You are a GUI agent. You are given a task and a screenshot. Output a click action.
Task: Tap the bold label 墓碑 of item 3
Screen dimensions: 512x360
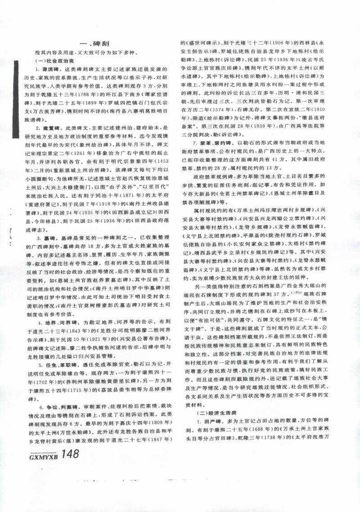click(54, 237)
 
